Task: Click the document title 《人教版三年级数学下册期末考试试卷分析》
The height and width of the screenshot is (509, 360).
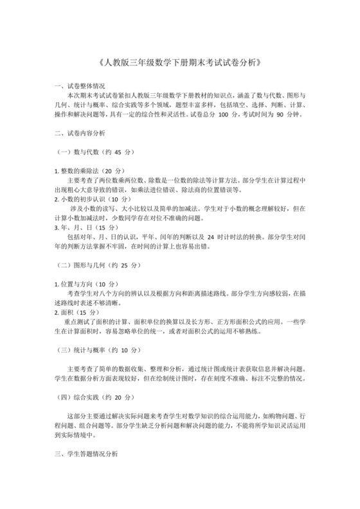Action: coord(180,63)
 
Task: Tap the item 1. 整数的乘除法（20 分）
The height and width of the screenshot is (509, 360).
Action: coord(89,171)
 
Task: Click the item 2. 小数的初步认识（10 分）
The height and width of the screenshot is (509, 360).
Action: coord(93,199)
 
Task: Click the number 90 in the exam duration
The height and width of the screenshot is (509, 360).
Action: coord(280,115)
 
